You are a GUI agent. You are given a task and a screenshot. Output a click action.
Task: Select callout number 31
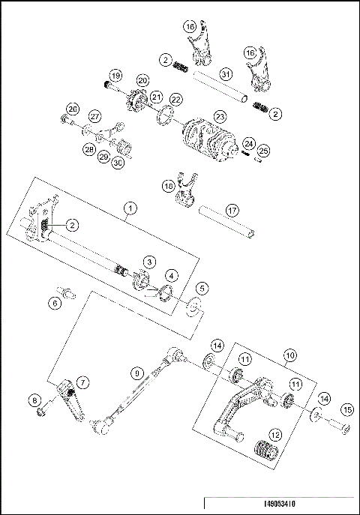[226, 74]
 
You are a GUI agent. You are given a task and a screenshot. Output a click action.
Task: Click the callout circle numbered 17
[232, 210]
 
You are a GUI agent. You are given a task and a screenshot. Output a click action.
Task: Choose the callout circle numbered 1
[130, 208]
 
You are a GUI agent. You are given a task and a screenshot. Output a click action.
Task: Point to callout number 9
[136, 371]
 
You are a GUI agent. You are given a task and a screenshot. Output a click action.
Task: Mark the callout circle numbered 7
[82, 382]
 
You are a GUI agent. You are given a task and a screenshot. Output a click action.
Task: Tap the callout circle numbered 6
[55, 303]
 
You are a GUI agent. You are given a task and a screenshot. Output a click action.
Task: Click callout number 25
[262, 152]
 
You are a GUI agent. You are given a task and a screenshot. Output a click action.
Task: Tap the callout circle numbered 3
[151, 261]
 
